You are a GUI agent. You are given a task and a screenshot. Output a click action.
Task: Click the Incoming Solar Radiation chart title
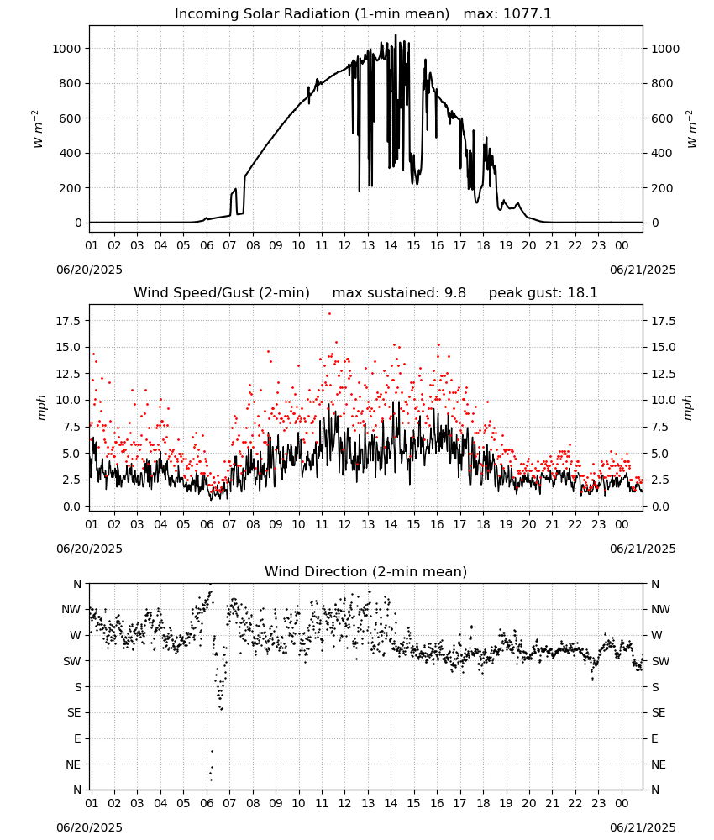pos(312,14)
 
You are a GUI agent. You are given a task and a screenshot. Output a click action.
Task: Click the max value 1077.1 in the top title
pos(527,14)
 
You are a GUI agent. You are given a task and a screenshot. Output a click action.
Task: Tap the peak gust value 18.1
pos(582,293)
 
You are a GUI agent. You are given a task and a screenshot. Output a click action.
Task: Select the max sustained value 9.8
pos(454,293)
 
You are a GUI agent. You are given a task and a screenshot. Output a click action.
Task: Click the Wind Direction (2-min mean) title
pos(366,571)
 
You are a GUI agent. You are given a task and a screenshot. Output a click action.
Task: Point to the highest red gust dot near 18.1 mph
pos(329,314)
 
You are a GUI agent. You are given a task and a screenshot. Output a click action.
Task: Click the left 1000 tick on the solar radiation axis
pos(67,49)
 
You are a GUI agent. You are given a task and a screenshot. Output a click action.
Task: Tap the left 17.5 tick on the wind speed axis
pos(69,321)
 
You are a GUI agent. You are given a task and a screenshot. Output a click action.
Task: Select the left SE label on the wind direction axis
pos(74,712)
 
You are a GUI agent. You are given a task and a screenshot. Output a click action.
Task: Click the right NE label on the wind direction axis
pos(659,764)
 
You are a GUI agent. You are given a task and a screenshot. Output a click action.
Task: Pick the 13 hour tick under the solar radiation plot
pos(368,245)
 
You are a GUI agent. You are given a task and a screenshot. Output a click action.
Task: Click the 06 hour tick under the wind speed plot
pos(207,524)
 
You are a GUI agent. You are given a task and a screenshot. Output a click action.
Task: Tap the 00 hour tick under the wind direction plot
pos(622,802)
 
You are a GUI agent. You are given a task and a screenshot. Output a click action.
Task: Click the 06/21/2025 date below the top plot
pos(643,270)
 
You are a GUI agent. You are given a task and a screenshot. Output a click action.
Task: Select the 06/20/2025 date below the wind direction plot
pos(89,827)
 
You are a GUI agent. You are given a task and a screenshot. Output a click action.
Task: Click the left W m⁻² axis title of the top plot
pos(37,129)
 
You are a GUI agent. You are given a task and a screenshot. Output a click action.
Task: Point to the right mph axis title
pos(688,407)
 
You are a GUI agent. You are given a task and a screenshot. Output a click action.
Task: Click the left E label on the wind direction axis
pos(77,738)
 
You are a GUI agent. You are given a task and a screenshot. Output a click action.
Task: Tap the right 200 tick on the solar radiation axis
pos(662,188)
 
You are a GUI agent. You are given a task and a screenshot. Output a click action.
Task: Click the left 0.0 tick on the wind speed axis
pos(71,507)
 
